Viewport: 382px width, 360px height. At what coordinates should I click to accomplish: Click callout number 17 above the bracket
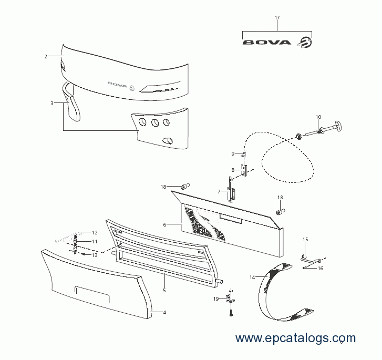(277, 18)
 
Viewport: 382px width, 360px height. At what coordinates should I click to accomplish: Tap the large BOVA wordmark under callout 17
(267, 43)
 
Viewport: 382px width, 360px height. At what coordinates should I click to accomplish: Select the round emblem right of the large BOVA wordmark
(305, 42)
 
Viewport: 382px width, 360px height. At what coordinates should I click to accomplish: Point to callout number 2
(46, 57)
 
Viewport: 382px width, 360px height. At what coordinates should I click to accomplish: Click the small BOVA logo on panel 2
(121, 85)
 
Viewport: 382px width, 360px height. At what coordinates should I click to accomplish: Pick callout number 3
(52, 104)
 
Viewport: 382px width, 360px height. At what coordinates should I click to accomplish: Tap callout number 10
(318, 117)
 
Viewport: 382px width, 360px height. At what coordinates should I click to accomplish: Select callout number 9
(233, 154)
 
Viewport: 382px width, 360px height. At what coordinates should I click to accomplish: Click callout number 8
(233, 170)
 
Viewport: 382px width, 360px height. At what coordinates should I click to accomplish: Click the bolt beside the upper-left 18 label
(185, 187)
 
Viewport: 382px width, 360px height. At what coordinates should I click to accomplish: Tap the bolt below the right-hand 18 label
(281, 212)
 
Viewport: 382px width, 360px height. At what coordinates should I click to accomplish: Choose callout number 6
(164, 225)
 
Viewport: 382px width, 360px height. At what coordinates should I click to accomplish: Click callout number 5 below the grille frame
(164, 290)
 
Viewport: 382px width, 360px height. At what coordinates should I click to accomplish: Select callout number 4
(164, 313)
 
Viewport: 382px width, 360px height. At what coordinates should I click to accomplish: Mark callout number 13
(95, 255)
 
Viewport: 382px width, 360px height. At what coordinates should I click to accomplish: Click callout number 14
(252, 277)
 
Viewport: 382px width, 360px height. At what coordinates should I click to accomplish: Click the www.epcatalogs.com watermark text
(295, 338)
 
